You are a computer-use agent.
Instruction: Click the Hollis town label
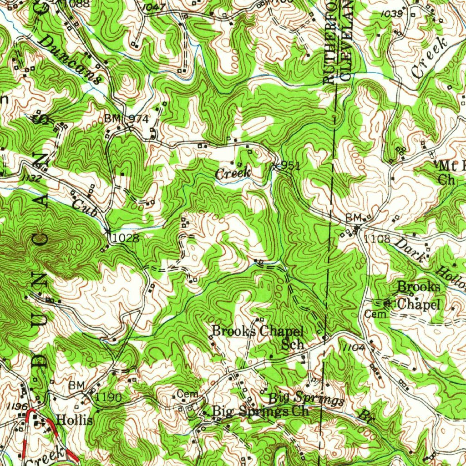[x=75, y=420]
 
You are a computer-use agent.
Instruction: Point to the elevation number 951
[x=289, y=167]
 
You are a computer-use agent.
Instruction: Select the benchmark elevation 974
[x=138, y=119]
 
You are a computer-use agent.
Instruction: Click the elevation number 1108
[x=377, y=238]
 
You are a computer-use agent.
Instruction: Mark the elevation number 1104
[x=355, y=347]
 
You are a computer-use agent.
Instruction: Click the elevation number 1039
[x=392, y=14]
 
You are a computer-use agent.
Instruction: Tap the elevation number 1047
[x=153, y=8]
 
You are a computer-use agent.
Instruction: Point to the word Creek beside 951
[x=233, y=173]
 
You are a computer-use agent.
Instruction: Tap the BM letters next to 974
[x=112, y=118]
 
